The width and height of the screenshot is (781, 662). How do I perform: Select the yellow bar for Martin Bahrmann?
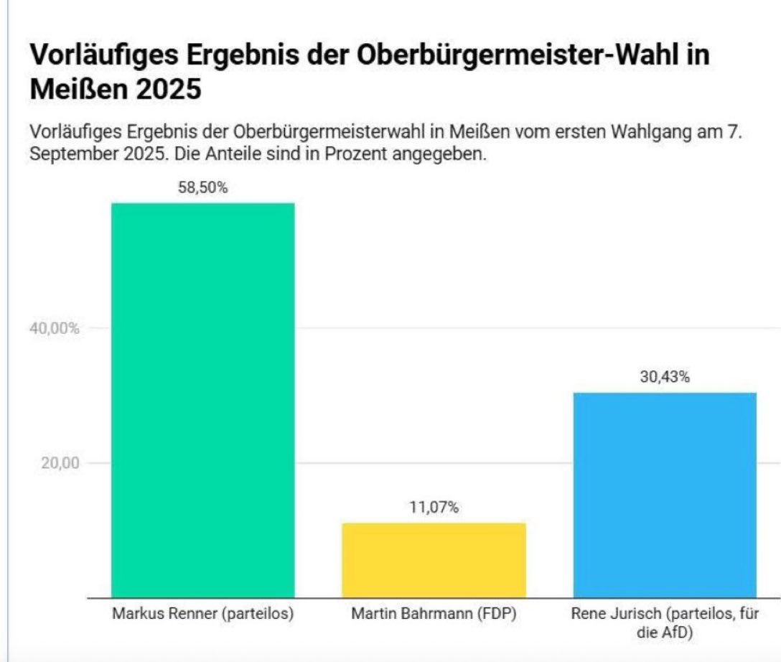coord(434,560)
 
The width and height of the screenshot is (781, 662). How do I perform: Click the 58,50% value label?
coord(202,189)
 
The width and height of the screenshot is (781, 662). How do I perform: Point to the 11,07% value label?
coord(434,508)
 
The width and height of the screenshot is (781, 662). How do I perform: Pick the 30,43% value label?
coord(665,378)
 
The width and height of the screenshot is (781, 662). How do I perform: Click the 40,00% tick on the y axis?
coord(55,328)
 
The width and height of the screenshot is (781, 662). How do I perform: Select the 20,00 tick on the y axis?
coord(60,462)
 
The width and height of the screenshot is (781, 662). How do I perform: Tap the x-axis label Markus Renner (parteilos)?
coord(203,615)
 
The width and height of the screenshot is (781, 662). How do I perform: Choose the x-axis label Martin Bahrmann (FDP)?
coord(434,615)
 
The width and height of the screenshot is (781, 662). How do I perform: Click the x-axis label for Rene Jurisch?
coord(665,623)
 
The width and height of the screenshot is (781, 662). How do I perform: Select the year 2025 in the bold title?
coord(168,92)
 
